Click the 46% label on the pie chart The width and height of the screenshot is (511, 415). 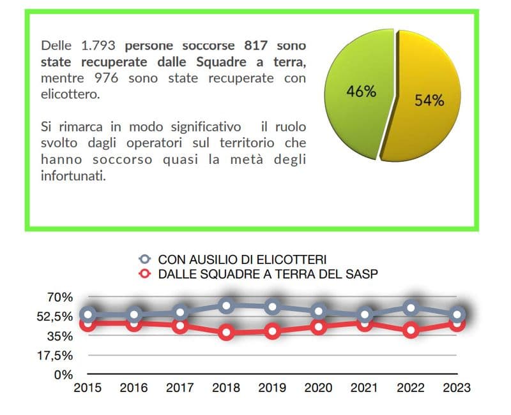(361, 91)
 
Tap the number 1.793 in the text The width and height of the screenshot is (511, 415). (100, 46)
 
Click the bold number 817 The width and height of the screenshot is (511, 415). (257, 46)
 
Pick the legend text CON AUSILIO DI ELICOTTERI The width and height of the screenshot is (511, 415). (242, 259)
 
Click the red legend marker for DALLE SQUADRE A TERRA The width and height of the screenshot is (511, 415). (145, 274)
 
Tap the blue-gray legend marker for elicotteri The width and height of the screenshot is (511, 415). (145, 259)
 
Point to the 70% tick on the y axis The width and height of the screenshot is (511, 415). (60, 296)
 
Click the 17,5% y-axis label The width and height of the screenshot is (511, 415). (56, 355)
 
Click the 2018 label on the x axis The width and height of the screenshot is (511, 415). (226, 388)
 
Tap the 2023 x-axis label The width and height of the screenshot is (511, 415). (457, 388)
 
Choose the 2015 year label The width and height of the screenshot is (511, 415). (88, 388)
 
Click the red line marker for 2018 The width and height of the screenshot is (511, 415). (226, 332)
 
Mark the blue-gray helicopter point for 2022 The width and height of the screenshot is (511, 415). (411, 308)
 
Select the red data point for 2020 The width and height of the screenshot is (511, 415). (319, 326)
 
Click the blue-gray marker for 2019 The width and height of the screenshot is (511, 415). (273, 307)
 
